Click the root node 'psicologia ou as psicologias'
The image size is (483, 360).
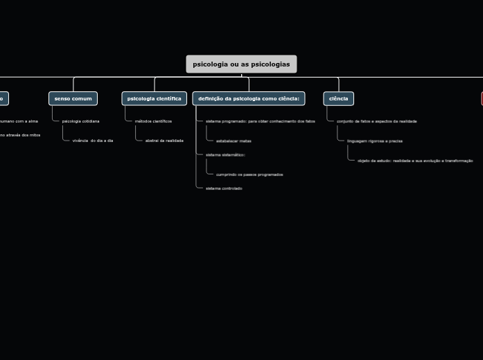pyautogui.click(x=241, y=64)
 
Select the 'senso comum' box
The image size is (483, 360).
pyautogui.click(x=73, y=98)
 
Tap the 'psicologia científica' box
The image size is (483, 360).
pyautogui.click(x=154, y=98)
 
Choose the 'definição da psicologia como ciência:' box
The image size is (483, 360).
pyautogui.click(x=248, y=98)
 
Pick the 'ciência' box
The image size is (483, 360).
pyautogui.click(x=338, y=98)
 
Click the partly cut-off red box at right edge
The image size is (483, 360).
pyautogui.click(x=482, y=98)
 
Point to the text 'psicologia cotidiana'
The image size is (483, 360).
pyautogui.click(x=80, y=121)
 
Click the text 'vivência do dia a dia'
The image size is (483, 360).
pyautogui.click(x=92, y=141)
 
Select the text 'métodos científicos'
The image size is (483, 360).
pyautogui.click(x=153, y=121)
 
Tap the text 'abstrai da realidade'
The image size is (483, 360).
pyautogui.click(x=164, y=141)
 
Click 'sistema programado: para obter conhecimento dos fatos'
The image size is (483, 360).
pyautogui.click(x=260, y=121)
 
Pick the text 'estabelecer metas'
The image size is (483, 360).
pyautogui.click(x=234, y=141)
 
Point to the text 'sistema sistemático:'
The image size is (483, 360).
pyautogui.click(x=225, y=155)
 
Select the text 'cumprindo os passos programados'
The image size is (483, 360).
pyautogui.click(x=249, y=174)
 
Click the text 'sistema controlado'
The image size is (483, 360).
pyautogui.click(x=224, y=188)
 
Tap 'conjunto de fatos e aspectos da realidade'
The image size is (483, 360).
pyautogui.click(x=376, y=121)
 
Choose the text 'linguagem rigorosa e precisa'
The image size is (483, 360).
pyautogui.click(x=374, y=141)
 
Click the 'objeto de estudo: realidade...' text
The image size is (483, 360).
pyautogui.click(x=415, y=161)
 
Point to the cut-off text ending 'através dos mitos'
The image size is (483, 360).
pyautogui.click(x=20, y=135)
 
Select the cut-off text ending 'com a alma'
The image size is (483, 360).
pyautogui.click(x=19, y=121)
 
